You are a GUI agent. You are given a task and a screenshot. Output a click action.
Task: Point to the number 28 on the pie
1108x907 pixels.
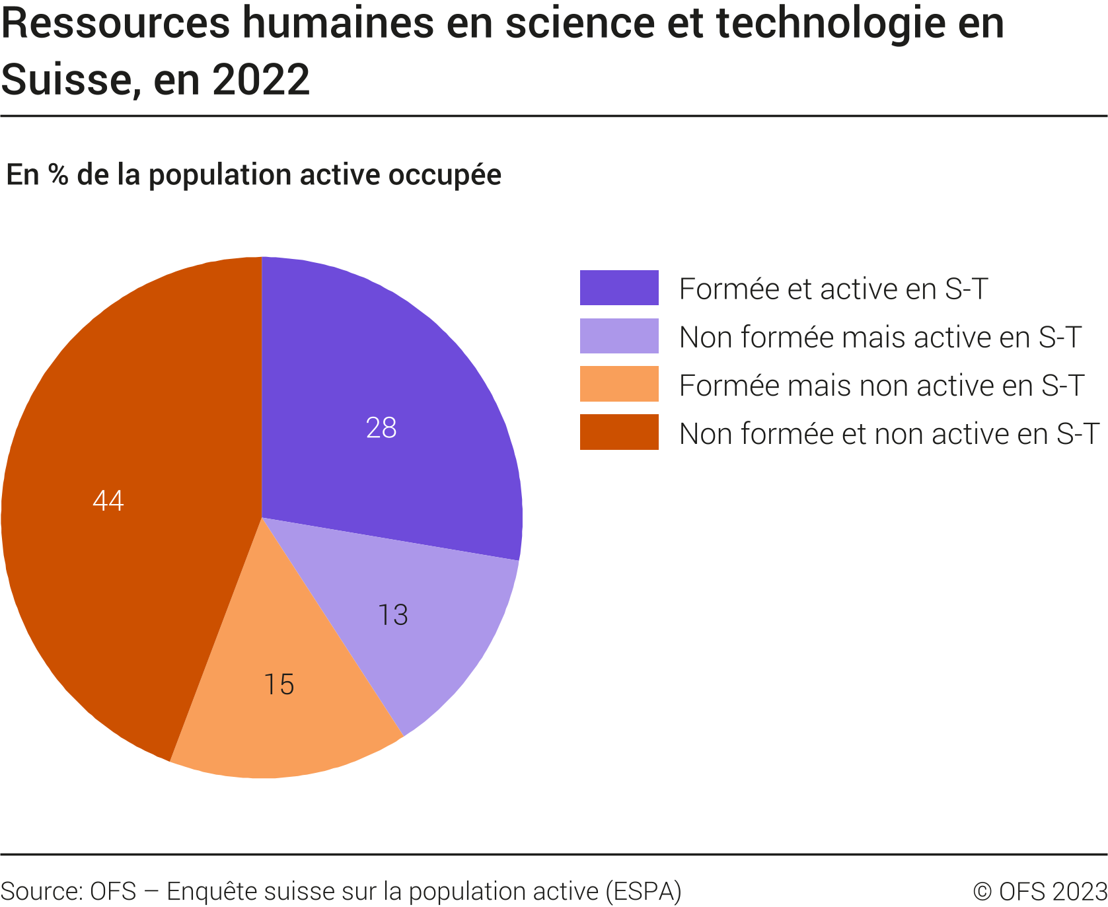pos(381,428)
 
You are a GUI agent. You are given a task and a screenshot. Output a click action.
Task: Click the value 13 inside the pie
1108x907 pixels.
pos(393,615)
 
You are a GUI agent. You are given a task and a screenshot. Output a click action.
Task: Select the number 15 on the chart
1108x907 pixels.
pos(279,684)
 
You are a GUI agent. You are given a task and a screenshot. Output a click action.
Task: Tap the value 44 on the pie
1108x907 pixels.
pos(108,501)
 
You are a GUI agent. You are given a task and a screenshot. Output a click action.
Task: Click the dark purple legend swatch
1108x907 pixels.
pos(619,288)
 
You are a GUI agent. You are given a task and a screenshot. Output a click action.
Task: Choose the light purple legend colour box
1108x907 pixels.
pos(619,336)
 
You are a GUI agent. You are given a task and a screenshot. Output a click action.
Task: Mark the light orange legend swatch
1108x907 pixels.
pos(619,384)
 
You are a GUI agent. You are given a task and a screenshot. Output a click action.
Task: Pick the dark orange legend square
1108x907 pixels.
pos(619,433)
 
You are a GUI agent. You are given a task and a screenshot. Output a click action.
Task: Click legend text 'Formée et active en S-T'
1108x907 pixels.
pos(833,289)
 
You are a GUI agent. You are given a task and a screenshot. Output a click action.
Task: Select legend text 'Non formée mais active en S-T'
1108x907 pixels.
pos(879,338)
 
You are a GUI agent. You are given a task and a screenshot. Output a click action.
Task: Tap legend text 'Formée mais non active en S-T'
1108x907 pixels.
pos(881,386)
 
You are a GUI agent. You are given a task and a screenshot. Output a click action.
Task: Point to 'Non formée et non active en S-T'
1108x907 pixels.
pos(889,434)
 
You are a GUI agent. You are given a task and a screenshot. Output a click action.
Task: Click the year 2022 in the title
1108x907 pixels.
pos(261,80)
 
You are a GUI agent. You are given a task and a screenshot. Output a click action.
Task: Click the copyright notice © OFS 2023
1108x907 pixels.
pos(1040,891)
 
